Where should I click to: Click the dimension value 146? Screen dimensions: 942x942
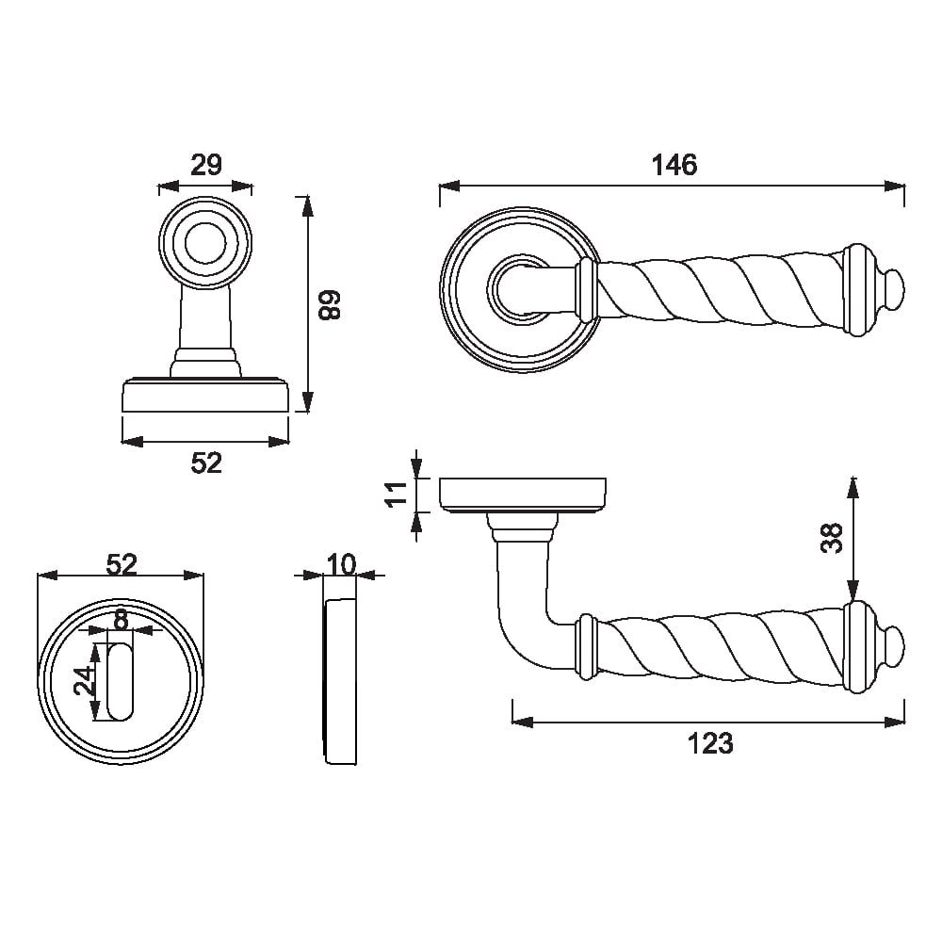tap(674, 165)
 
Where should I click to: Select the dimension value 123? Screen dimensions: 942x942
tap(710, 744)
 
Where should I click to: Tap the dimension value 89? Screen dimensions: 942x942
tap(329, 304)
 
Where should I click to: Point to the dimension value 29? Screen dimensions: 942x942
tap(206, 165)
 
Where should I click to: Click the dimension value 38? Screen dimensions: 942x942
tap(832, 538)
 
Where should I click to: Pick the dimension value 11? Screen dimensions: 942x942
tap(397, 495)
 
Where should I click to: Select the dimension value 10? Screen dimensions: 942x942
tap(341, 564)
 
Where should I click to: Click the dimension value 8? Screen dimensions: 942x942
tap(122, 619)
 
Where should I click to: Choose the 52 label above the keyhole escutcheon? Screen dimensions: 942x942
tap(122, 564)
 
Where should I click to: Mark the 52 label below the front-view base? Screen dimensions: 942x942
tap(206, 463)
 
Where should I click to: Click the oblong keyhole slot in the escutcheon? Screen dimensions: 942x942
tap(121, 682)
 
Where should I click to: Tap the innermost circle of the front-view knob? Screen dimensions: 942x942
tap(205, 243)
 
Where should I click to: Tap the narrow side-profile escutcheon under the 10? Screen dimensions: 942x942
tap(341, 681)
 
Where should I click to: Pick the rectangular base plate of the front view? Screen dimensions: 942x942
tap(205, 396)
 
